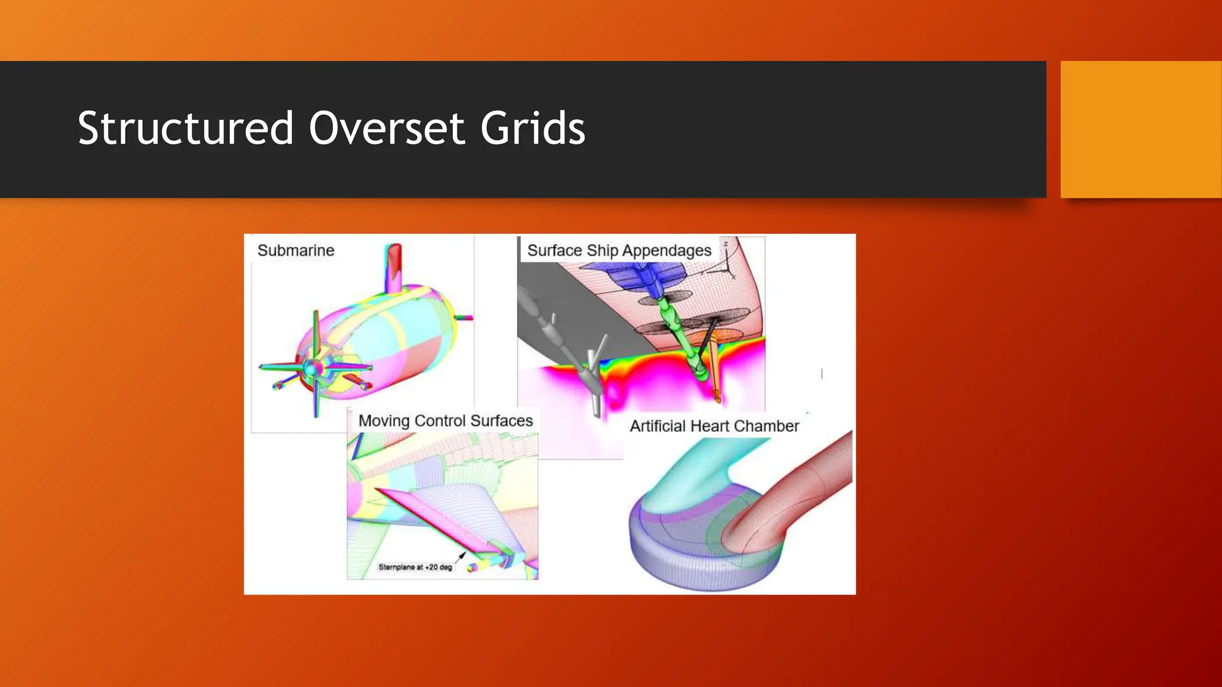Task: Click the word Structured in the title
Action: point(186,128)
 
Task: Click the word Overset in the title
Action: point(387,128)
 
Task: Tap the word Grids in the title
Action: point(533,128)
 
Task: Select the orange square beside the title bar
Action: point(1140,129)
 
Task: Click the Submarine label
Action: point(295,250)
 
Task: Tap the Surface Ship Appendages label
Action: point(619,250)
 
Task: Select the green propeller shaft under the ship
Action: point(680,334)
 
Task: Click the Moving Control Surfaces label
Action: point(445,421)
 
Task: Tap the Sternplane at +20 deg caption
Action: point(415,567)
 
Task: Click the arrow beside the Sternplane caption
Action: point(461,557)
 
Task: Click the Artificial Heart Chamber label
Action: point(714,426)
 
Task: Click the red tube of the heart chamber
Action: point(800,489)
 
